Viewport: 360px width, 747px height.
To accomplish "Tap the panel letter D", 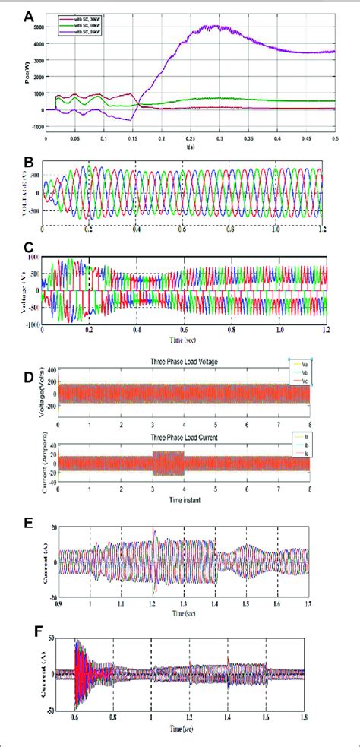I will [x=28, y=375].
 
